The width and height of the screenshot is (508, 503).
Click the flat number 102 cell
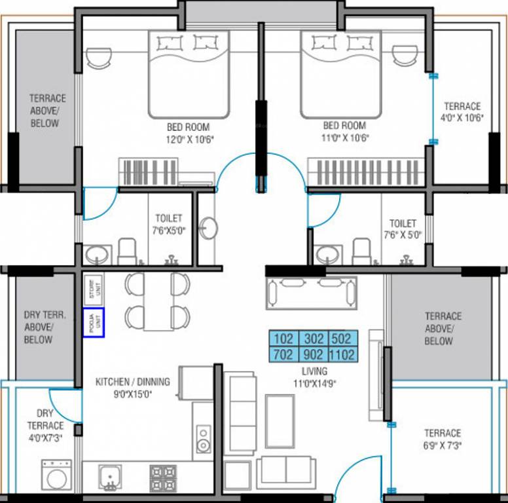pos(283,339)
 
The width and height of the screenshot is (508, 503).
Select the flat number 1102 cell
pos(343,355)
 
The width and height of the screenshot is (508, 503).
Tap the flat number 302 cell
pos(313,339)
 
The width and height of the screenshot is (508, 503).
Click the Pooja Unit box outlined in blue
pos(93,323)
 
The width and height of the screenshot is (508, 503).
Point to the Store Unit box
pos(93,289)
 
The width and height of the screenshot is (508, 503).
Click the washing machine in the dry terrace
pos(58,475)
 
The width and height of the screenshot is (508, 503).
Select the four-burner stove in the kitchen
pos(163,477)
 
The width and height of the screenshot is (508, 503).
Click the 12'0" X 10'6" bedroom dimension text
pos(190,139)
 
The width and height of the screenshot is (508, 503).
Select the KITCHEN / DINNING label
pos(133,382)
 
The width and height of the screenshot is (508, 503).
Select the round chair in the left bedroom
pos(100,57)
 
